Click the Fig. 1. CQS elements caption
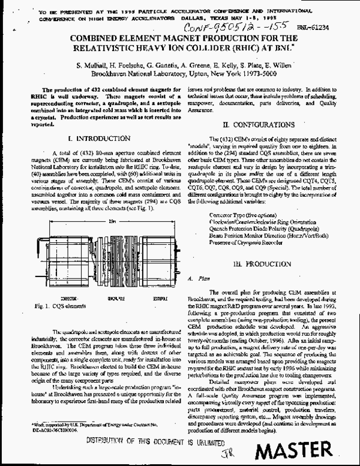[x=63, y=306]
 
